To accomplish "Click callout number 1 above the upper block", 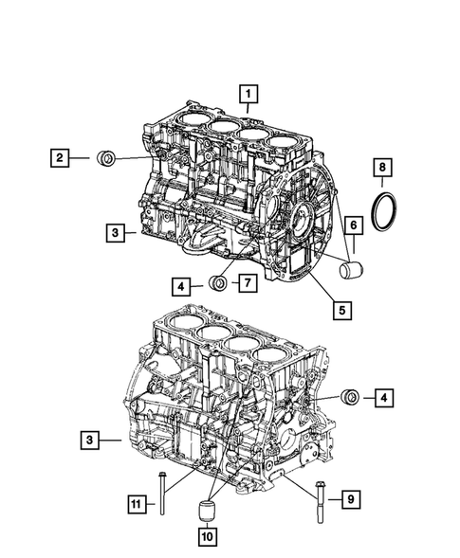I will pyautogui.click(x=248, y=94).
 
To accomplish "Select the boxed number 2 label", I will pyautogui.click(x=59, y=158).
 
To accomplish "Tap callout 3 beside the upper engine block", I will pyautogui.click(x=113, y=231).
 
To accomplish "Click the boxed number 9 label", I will pyautogui.click(x=349, y=496).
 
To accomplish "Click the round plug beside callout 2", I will pyautogui.click(x=107, y=157).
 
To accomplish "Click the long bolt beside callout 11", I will pyautogui.click(x=163, y=494).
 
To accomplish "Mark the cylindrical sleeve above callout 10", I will pyautogui.click(x=206, y=513).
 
